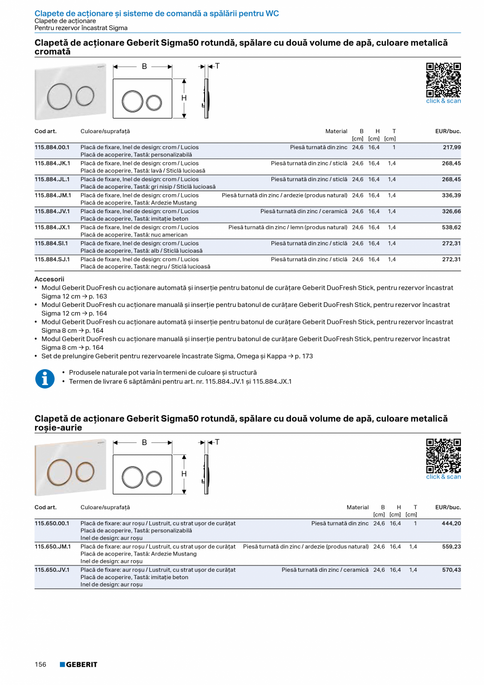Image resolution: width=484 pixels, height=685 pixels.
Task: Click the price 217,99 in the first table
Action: (451, 147)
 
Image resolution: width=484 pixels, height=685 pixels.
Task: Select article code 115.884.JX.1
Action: (53, 227)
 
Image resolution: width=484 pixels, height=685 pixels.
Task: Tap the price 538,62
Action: (451, 227)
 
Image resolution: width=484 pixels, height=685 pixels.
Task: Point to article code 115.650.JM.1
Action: (53, 547)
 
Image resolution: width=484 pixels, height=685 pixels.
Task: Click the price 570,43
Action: (451, 570)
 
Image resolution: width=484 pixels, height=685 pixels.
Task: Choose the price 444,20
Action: (451, 523)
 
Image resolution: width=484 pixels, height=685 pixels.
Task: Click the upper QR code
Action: (443, 80)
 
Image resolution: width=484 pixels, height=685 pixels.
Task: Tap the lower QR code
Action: (443, 455)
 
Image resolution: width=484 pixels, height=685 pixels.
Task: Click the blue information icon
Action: (45, 379)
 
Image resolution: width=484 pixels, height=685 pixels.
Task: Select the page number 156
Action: (41, 664)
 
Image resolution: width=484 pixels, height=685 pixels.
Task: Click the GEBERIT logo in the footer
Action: (78, 664)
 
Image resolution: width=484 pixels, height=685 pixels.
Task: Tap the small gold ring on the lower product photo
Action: (85, 470)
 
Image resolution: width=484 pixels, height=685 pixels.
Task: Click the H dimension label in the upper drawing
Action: (184, 98)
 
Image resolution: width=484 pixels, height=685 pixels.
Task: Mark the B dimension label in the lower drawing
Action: (144, 442)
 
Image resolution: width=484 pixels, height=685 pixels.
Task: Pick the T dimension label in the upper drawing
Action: (217, 66)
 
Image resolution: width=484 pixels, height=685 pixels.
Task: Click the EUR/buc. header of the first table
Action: (448, 131)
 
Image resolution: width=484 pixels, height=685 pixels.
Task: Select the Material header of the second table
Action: (357, 507)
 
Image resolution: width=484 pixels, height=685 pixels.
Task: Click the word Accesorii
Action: (49, 279)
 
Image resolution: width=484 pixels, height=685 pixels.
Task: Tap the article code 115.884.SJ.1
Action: (52, 260)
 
